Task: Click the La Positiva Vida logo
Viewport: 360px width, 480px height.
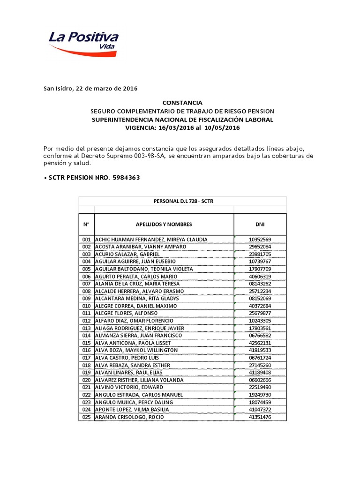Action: (83, 43)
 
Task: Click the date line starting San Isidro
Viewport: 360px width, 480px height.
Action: (90, 89)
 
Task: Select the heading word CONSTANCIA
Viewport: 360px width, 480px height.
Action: (182, 103)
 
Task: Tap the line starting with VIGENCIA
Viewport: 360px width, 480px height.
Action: (182, 127)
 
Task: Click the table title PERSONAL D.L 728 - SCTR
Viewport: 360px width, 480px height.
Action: (182, 201)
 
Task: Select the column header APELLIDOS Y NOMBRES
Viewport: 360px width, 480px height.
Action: (164, 224)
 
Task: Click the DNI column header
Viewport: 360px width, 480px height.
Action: (260, 224)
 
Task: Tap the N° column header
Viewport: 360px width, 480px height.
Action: (86, 224)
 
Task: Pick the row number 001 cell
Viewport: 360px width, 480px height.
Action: (86, 240)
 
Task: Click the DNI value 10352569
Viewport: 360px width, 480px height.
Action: (260, 240)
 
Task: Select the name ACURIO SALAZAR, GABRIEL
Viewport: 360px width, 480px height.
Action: (124, 254)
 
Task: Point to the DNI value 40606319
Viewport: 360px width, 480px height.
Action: (260, 277)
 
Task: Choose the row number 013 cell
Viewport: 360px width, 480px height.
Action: (86, 328)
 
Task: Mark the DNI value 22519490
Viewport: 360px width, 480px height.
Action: (260, 387)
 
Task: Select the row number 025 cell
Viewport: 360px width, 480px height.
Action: (86, 417)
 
